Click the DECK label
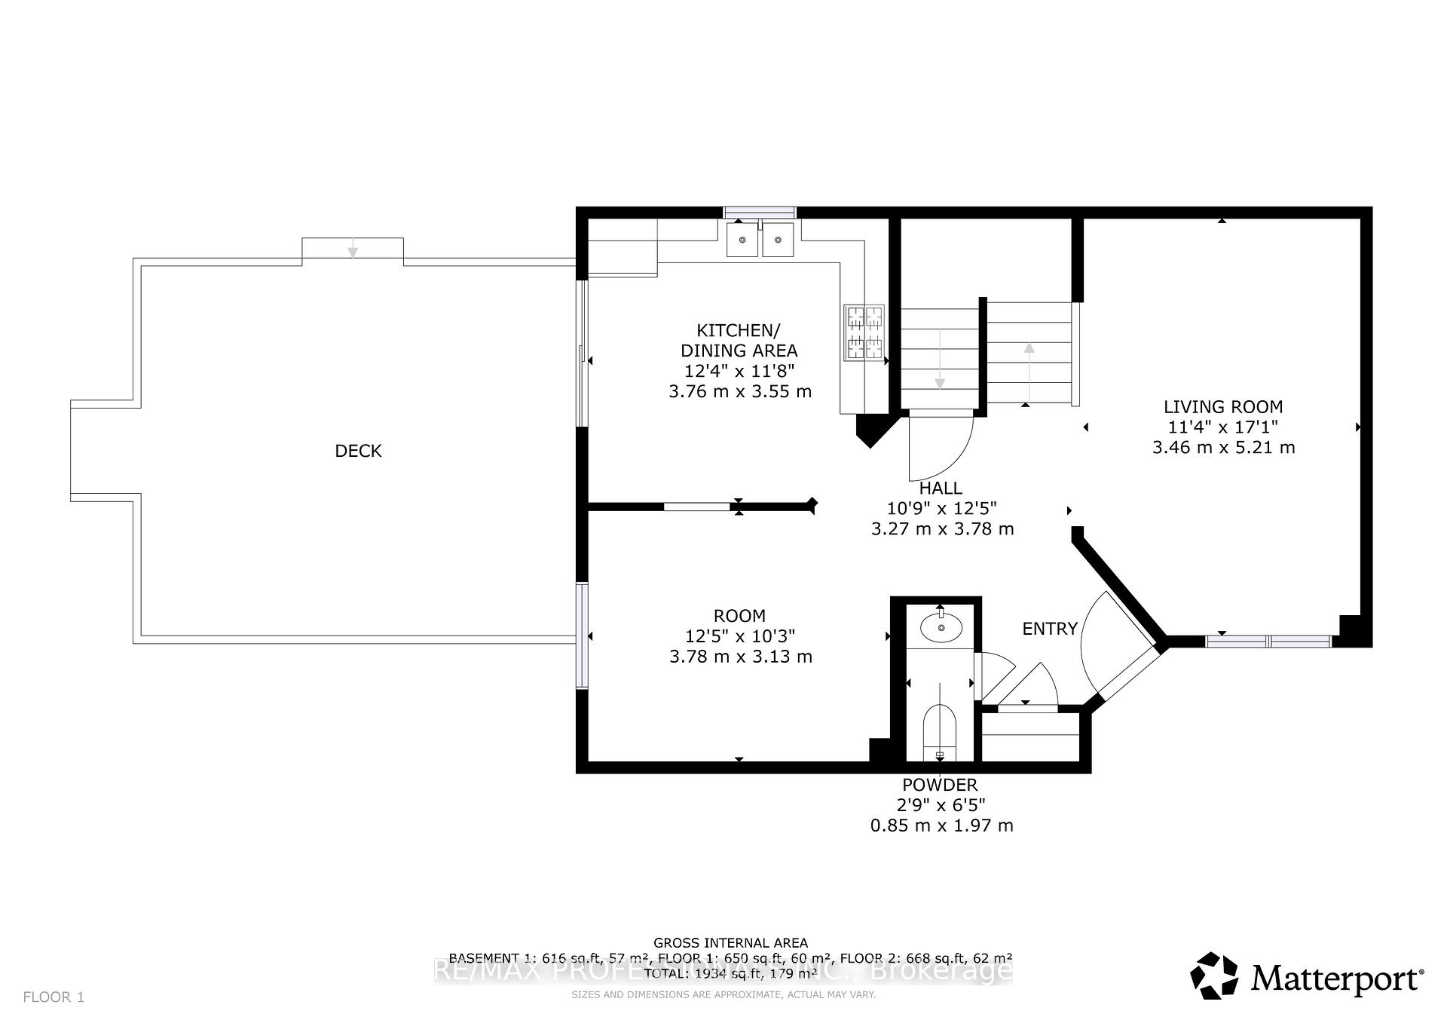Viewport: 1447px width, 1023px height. [358, 451]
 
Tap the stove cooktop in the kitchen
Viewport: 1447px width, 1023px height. [864, 332]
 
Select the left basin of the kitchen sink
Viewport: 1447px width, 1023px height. [742, 240]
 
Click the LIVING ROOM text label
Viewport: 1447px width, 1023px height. [1222, 407]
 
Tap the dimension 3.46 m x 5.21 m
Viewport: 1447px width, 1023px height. [1222, 448]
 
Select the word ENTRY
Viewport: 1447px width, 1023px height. [1049, 629]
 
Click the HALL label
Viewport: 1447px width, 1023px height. [941, 489]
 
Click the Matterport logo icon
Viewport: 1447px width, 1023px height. [1214, 976]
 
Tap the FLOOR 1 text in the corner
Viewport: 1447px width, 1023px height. [54, 997]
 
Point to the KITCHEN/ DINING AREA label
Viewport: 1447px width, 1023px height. [739, 340]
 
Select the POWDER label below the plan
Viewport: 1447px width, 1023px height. [940, 785]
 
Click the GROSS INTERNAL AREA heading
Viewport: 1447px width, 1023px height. [730, 942]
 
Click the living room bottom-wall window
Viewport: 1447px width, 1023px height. [1268, 642]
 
